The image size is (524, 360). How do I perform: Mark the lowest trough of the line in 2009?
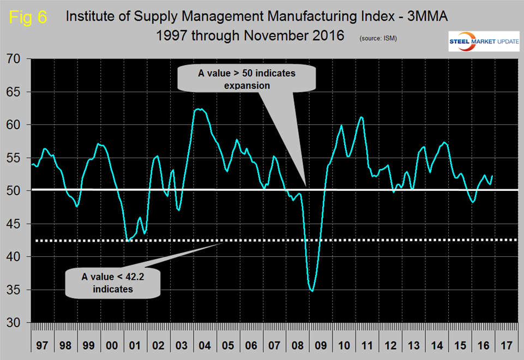[x=312, y=291]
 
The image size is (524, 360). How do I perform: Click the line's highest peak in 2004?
[x=200, y=109]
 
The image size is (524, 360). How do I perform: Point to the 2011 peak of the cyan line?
[x=361, y=117]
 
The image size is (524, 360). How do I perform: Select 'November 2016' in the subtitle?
[x=302, y=36]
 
